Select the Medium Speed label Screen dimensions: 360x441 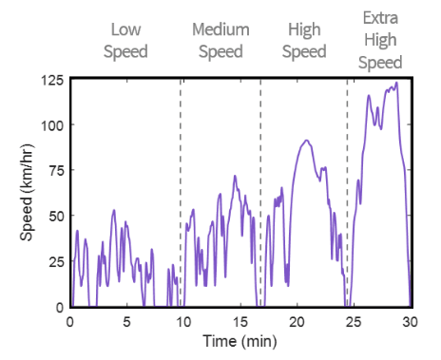pos(221,39)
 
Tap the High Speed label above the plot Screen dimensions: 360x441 pos(304,39)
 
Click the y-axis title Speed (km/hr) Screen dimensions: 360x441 pos(29,193)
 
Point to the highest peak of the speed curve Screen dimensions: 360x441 pos(395,84)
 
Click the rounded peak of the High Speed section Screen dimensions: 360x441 pos(305,142)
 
